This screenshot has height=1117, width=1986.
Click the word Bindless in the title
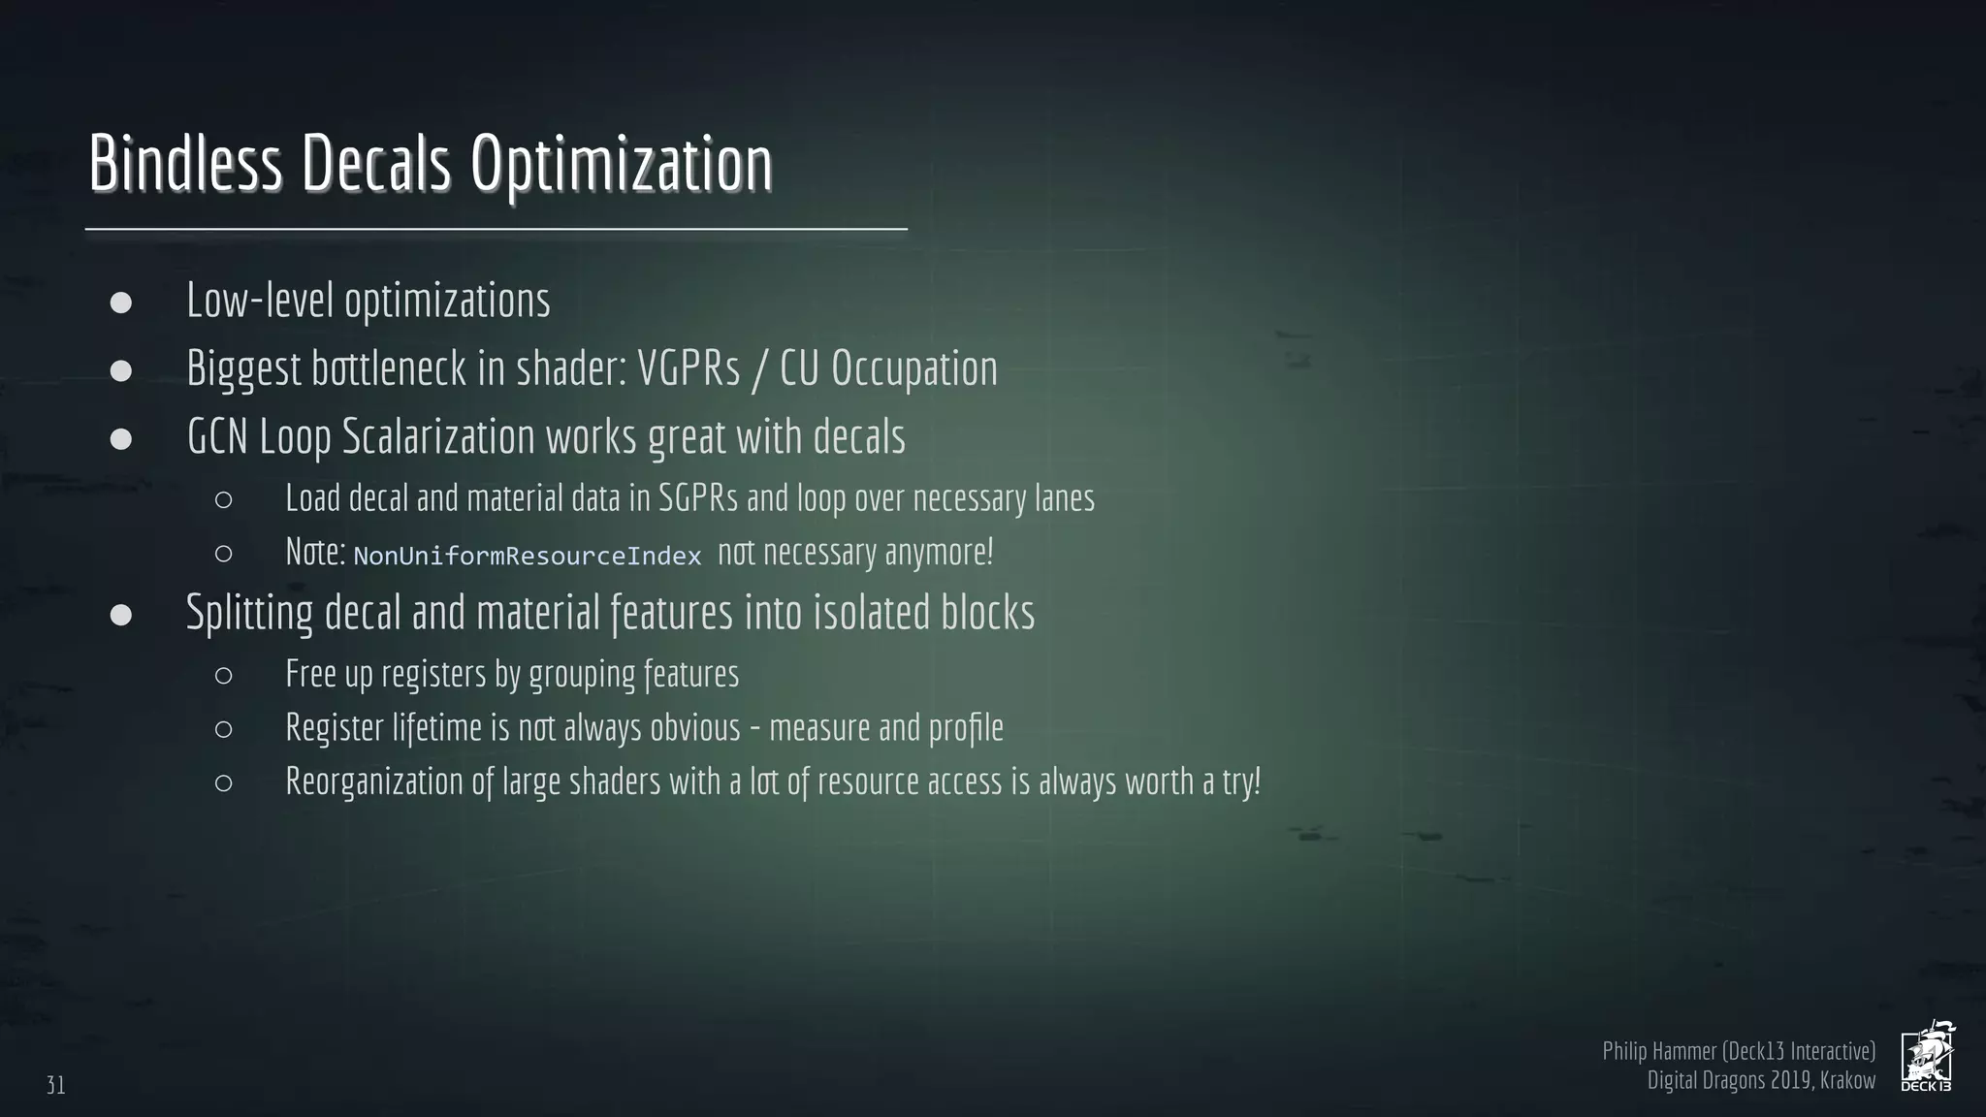click(x=185, y=163)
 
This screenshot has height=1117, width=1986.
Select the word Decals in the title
click(x=375, y=163)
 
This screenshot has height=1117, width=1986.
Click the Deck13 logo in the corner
click(x=1927, y=1057)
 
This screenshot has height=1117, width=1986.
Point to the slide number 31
click(x=56, y=1085)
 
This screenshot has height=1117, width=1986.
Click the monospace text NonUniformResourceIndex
click(x=527, y=557)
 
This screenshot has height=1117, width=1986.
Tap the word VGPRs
click(x=688, y=368)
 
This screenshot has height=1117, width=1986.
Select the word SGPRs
click(x=697, y=498)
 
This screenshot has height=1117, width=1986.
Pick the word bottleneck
click(x=388, y=368)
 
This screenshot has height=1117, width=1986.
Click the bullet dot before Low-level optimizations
click(x=121, y=303)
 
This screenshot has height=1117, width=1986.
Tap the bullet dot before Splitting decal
click(x=121, y=615)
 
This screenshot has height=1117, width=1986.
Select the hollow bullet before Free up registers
click(x=223, y=676)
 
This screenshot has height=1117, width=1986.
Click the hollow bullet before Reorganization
click(x=223, y=783)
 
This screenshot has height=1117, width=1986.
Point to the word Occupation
click(x=913, y=368)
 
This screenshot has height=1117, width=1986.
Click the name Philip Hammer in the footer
click(x=1659, y=1051)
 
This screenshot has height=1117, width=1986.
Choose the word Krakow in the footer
click(x=1847, y=1080)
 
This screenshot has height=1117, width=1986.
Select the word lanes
click(x=1064, y=498)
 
